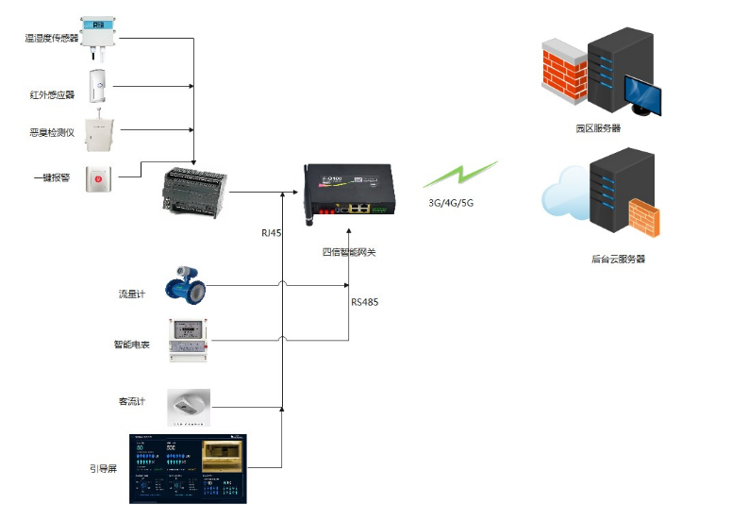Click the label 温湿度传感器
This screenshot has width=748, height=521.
click(53, 38)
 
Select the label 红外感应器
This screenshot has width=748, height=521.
click(52, 94)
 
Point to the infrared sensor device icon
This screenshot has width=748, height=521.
click(98, 86)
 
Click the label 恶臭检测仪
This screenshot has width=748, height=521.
click(52, 133)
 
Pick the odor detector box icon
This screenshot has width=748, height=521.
click(98, 133)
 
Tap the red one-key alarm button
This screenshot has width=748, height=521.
click(98, 178)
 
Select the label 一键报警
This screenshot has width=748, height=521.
click(52, 177)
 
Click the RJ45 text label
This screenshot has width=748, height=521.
click(272, 232)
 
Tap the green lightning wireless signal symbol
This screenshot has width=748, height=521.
click(459, 175)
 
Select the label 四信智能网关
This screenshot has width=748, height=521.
click(349, 252)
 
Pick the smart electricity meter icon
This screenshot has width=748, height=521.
click(187, 340)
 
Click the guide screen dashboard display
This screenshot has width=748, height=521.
click(190, 465)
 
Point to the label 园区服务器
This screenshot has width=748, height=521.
click(598, 128)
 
